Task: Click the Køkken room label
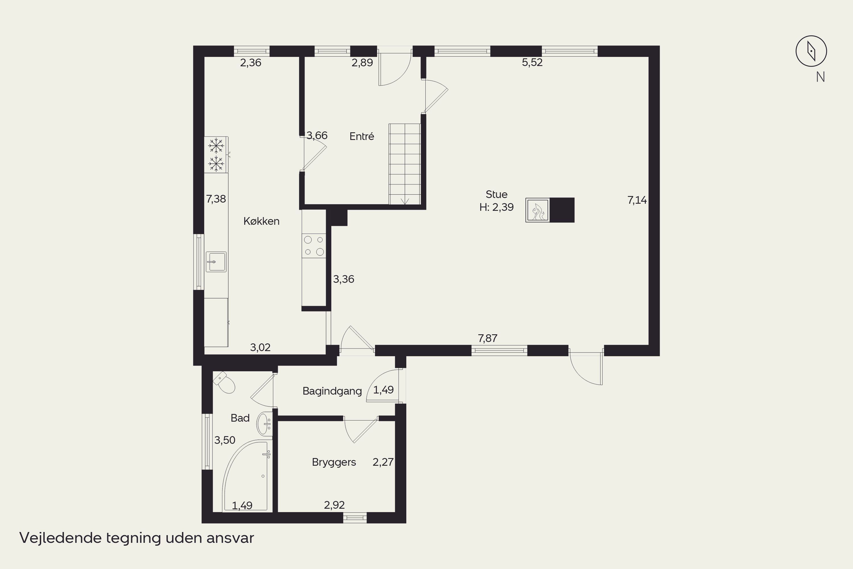coord(261,221)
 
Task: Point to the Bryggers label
coord(334,462)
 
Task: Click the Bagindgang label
coord(332,391)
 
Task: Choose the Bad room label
coord(240,418)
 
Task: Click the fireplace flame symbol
coord(537,210)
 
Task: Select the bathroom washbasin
coord(264,424)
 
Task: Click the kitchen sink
coord(216,262)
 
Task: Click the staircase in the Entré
coord(405,164)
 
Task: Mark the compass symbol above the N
coord(811,51)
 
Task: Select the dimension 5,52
coord(532,62)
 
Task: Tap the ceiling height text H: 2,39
coord(496,207)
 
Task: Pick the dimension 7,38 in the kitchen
coord(216,199)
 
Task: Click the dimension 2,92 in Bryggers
coord(334,505)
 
